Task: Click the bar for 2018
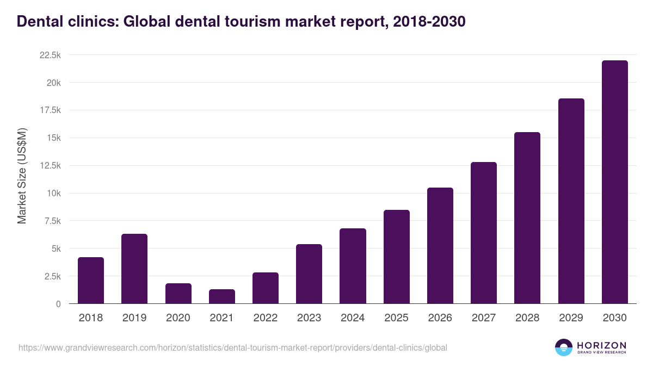[x=91, y=280]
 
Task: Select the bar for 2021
[x=222, y=296]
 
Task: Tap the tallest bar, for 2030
[x=614, y=182]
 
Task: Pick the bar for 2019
[x=134, y=269]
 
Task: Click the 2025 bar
[x=396, y=257]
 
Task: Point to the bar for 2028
[x=527, y=217]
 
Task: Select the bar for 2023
[x=309, y=273]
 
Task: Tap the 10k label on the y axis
[x=53, y=193]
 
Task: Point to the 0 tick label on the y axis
[x=58, y=304]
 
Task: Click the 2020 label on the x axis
[x=178, y=318]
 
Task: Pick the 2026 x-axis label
[x=440, y=318]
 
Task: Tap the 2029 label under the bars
[x=571, y=318]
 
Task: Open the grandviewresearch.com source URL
[x=233, y=347]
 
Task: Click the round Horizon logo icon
[x=563, y=347]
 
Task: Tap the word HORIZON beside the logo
[x=602, y=345]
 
